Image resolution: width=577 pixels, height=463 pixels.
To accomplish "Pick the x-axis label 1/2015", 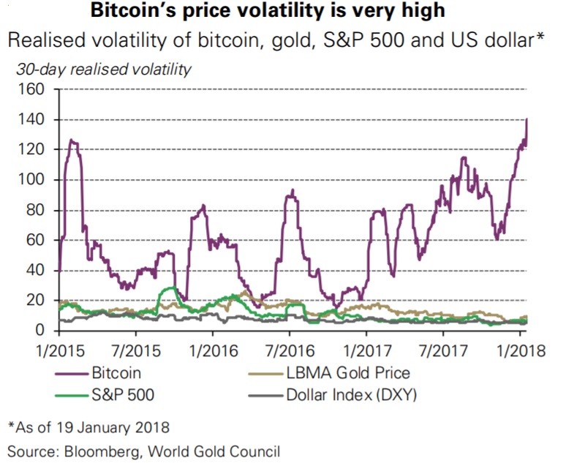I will coord(59,350).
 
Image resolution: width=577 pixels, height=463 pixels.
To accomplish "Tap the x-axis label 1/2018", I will coord(521,350).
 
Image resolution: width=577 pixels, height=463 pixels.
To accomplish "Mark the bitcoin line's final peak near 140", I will coord(527,119).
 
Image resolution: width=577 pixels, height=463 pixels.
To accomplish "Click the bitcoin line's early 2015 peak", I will coord(72,140).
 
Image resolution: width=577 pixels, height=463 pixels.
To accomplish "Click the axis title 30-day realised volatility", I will coord(103,70).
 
